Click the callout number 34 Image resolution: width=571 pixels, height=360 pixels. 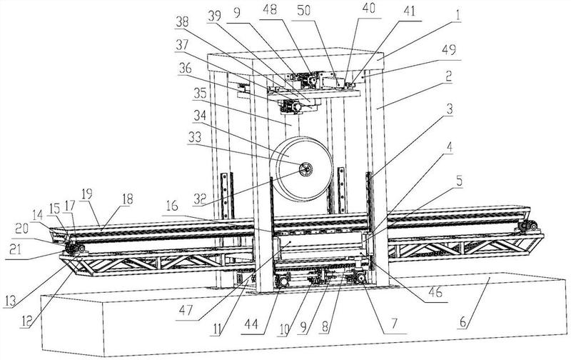(x=200, y=116)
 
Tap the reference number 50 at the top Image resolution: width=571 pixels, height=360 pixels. (x=304, y=11)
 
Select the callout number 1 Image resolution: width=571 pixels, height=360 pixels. (x=458, y=16)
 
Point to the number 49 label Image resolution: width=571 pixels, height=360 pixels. (x=449, y=50)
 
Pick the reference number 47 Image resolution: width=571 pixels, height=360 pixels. (x=186, y=311)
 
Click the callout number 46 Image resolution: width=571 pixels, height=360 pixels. (x=435, y=292)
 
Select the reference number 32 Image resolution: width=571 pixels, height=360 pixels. (x=200, y=199)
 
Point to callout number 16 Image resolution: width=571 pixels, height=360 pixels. (x=172, y=206)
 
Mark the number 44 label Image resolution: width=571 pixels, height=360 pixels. (x=252, y=324)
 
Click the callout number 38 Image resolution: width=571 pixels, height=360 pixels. (x=182, y=22)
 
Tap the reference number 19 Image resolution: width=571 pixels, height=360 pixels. (x=87, y=194)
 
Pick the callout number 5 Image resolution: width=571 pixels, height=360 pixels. (x=459, y=181)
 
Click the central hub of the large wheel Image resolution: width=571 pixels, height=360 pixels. (x=306, y=169)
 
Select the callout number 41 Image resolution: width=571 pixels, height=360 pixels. (x=409, y=11)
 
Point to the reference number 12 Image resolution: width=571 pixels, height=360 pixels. (x=26, y=321)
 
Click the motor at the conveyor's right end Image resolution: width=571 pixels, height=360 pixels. (x=526, y=226)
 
